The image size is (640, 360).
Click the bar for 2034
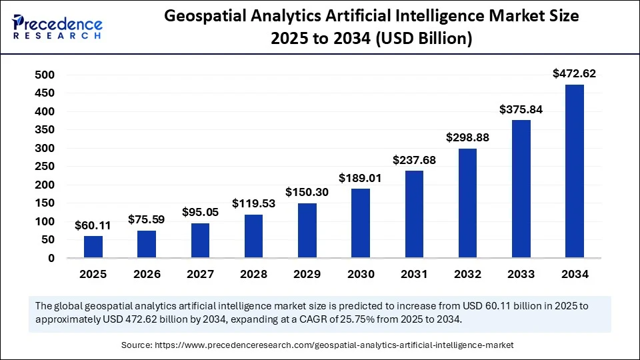pyautogui.click(x=575, y=171)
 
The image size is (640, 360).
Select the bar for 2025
pyautogui.click(x=93, y=247)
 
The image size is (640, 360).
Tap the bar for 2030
pyautogui.click(x=361, y=223)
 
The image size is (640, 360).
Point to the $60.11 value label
pyautogui.click(x=93, y=225)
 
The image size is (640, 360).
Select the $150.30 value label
pyautogui.click(x=307, y=192)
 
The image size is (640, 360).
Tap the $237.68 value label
pyautogui.click(x=414, y=159)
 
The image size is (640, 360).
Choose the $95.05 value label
pyautogui.click(x=200, y=212)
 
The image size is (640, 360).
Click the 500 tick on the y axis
pyautogui.click(x=44, y=75)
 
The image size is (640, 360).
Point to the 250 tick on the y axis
pyautogui.click(x=44, y=167)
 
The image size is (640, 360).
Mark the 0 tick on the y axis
pyautogui.click(x=51, y=258)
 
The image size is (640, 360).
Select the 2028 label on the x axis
pyautogui.click(x=253, y=274)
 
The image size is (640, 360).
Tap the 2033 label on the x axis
pyautogui.click(x=521, y=274)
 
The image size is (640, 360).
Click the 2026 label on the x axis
pyautogui.click(x=147, y=274)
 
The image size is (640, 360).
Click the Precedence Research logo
pyautogui.click(x=57, y=26)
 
